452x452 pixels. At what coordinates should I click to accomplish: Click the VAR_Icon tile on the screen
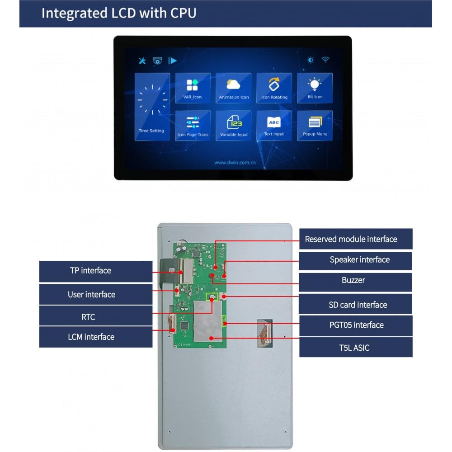click(x=193, y=88)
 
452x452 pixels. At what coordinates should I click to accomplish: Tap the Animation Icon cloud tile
click(x=234, y=88)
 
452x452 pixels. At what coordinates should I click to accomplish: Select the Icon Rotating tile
click(x=274, y=88)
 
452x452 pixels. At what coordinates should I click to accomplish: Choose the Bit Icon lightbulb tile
click(x=315, y=88)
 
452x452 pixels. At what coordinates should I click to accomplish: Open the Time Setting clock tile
click(x=152, y=107)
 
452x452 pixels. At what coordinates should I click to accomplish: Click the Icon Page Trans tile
click(x=193, y=125)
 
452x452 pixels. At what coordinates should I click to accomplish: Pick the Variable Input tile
click(x=234, y=125)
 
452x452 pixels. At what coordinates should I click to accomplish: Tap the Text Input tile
click(x=274, y=125)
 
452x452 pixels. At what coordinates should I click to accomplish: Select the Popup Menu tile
click(x=315, y=125)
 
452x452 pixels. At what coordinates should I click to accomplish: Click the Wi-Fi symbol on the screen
click(x=325, y=60)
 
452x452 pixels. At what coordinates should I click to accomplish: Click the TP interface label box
click(x=96, y=271)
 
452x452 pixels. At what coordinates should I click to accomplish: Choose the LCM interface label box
click(x=96, y=337)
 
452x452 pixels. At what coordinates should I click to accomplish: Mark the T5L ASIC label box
click(x=355, y=348)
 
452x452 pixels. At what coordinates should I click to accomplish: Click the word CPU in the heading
click(x=183, y=13)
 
